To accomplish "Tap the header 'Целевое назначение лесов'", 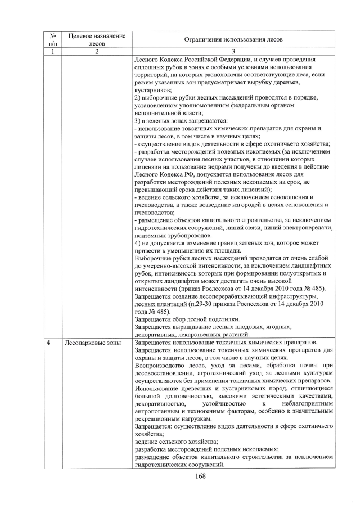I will coord(97,39).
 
